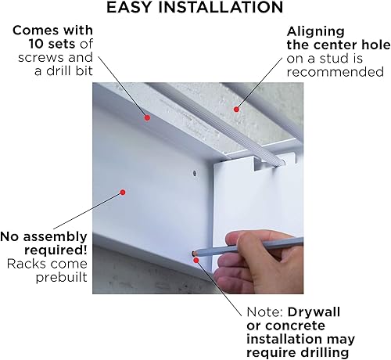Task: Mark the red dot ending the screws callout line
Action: pos(146,117)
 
